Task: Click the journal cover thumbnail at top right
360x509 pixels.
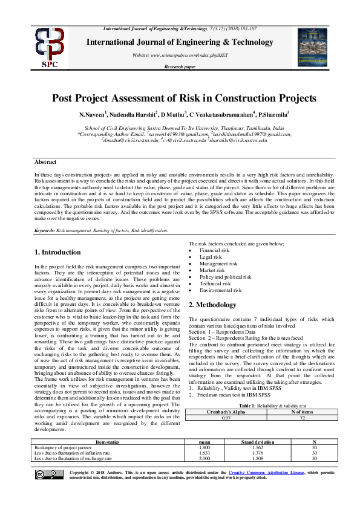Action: point(313,47)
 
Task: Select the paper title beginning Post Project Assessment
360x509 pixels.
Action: point(184,98)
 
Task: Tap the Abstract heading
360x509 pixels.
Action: point(45,163)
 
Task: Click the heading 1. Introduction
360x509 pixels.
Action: point(57,252)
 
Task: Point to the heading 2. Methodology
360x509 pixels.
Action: point(211,305)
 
